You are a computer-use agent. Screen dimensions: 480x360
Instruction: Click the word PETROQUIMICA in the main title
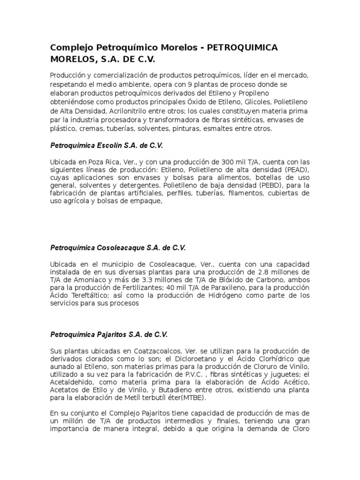tap(242, 48)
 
